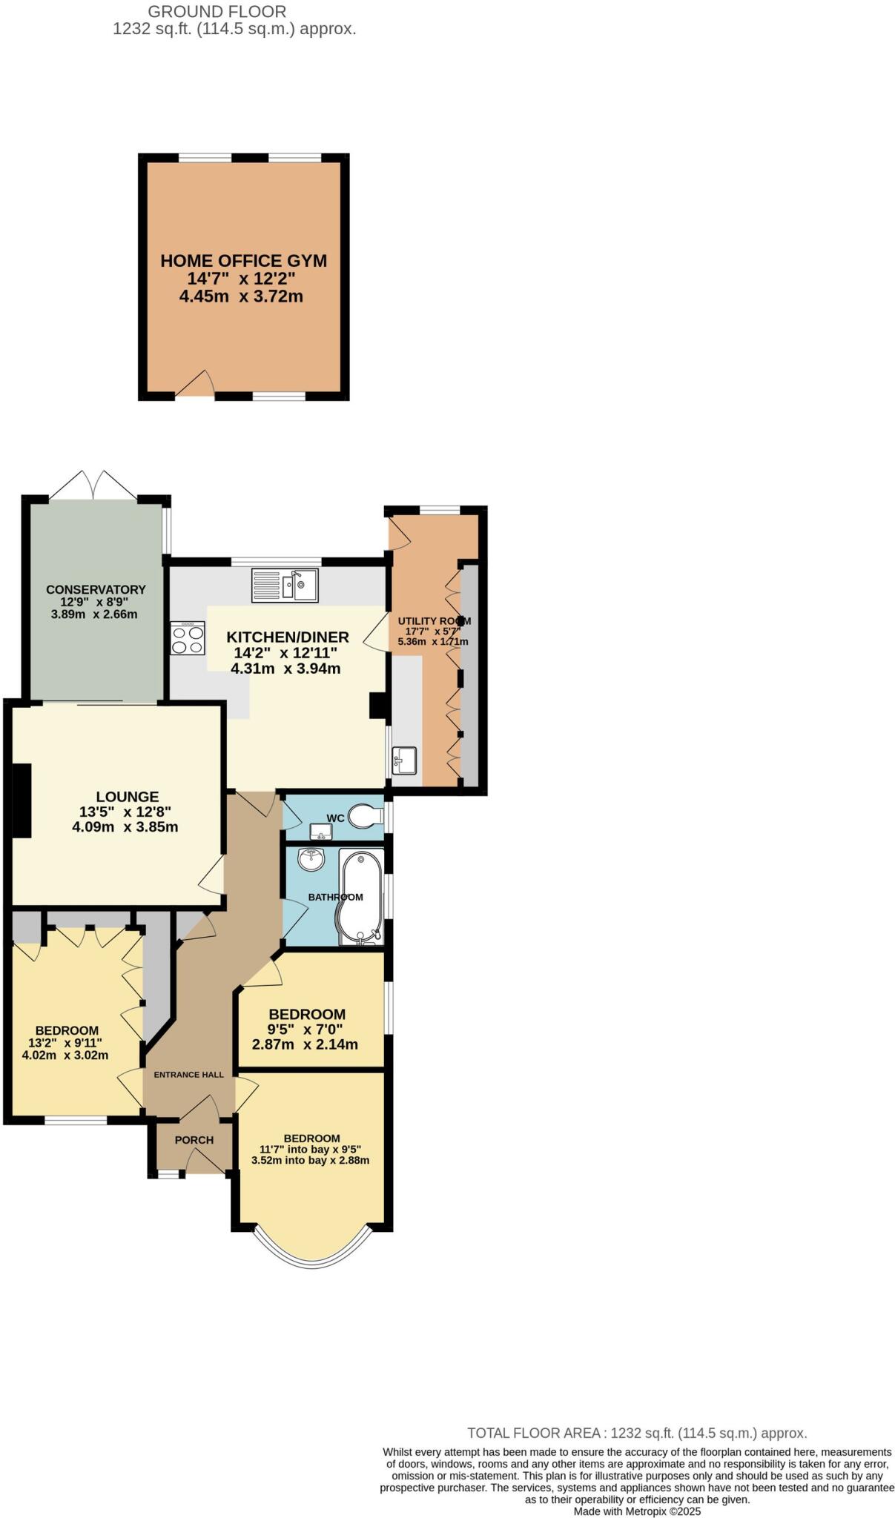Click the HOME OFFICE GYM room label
[243, 261]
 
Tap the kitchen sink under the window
[284, 584]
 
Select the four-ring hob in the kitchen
[188, 638]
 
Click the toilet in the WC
[365, 816]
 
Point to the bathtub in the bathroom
[361, 897]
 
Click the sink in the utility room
[404, 760]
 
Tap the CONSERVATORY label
[96, 590]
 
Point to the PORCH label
[194, 1140]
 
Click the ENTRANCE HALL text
[188, 1075]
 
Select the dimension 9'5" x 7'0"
[305, 1030]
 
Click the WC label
[335, 818]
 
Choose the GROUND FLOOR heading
[217, 12]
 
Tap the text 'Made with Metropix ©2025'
[637, 1511]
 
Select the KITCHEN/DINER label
[288, 637]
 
